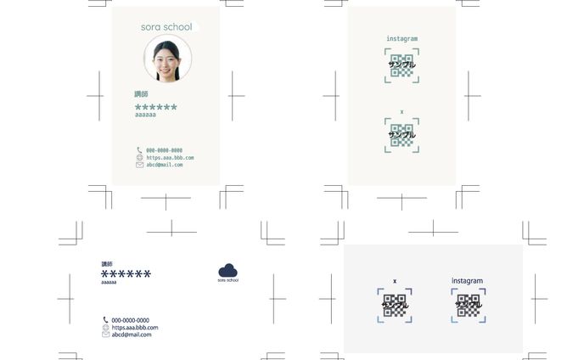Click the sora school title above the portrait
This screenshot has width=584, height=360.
click(x=166, y=27)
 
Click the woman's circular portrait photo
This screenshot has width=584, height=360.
click(x=167, y=59)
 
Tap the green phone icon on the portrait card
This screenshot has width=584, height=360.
click(x=139, y=150)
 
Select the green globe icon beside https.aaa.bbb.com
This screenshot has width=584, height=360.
click(x=139, y=157)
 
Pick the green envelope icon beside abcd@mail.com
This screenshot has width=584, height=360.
click(x=139, y=165)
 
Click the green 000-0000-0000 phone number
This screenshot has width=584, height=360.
click(x=164, y=150)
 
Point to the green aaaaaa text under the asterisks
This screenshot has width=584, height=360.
click(x=145, y=115)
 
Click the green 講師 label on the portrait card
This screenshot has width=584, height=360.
click(x=141, y=94)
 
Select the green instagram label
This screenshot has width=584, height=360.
click(x=401, y=39)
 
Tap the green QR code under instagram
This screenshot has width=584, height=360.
click(x=401, y=65)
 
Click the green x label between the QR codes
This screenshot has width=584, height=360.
click(x=401, y=112)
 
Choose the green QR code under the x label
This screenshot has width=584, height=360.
click(x=401, y=135)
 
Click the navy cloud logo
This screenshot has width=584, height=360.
click(x=227, y=270)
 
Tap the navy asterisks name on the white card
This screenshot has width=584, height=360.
click(x=126, y=274)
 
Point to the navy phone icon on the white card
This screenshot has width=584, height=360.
click(x=106, y=320)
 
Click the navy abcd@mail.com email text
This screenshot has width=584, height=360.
click(x=132, y=335)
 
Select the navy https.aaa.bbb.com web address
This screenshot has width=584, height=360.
click(x=135, y=328)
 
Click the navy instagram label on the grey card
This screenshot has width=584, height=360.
click(x=467, y=281)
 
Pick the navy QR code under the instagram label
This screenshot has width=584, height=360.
click(x=468, y=306)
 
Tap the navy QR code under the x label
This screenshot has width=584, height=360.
click(x=395, y=306)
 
